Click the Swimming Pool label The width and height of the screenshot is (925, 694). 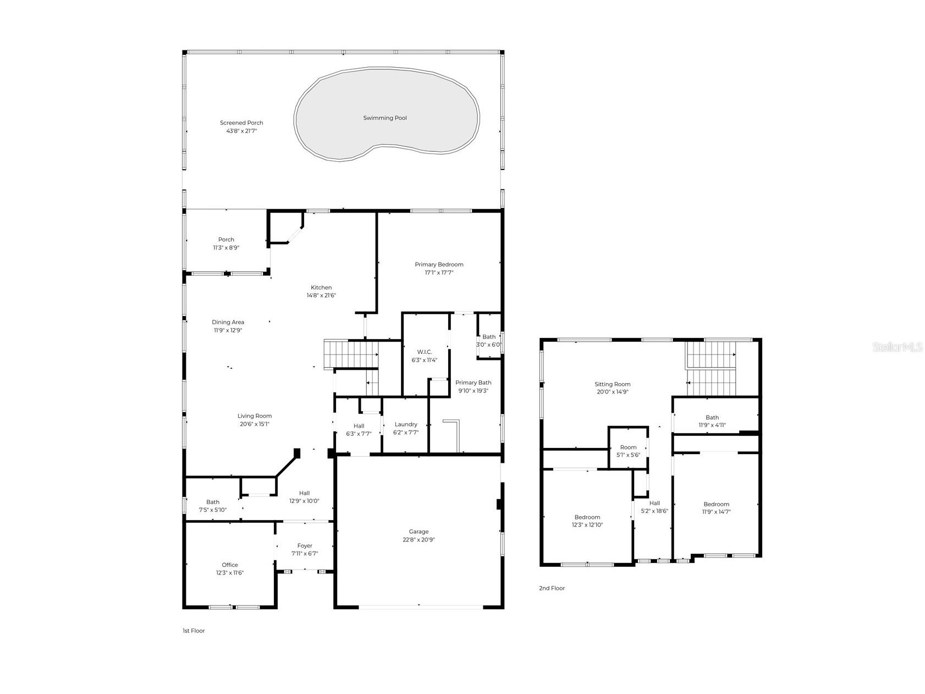tap(385, 118)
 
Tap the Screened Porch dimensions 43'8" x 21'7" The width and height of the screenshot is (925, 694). tap(241, 131)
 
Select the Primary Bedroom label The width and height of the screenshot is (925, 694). tap(439, 265)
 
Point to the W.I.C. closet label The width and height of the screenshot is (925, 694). tap(424, 352)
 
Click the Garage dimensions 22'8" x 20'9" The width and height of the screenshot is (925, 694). tap(419, 540)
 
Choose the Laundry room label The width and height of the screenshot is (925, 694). tap(406, 424)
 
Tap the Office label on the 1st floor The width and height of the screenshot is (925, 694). tap(230, 565)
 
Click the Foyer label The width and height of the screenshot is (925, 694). tap(305, 546)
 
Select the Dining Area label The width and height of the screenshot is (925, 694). tap(228, 323)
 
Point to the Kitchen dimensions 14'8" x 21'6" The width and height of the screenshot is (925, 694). tap(321, 296)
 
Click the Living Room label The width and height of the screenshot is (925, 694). tap(255, 416)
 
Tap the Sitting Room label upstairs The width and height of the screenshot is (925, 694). tap(612, 384)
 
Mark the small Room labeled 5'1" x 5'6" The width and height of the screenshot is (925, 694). tap(628, 451)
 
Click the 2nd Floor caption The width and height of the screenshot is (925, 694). tap(552, 588)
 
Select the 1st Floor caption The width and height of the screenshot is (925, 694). tap(194, 631)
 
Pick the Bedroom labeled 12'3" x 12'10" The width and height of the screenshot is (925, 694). tap(587, 521)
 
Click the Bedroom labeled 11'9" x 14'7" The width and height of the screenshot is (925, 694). tap(716, 507)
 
